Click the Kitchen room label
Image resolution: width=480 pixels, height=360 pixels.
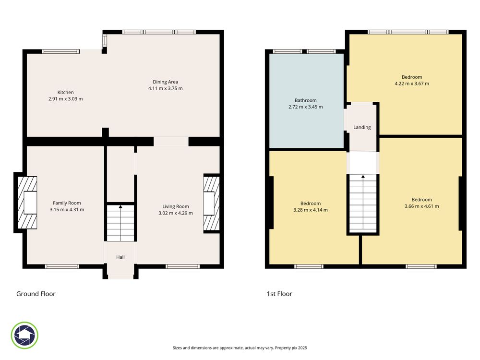tap(65, 92)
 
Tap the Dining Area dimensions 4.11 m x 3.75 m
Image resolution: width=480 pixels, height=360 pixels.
tap(165, 88)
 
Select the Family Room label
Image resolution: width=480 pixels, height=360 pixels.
tap(67, 203)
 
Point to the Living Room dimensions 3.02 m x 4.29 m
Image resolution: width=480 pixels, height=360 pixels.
tap(176, 213)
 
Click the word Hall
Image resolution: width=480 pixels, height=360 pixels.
tap(120, 257)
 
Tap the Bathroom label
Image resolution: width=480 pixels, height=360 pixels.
tap(305, 100)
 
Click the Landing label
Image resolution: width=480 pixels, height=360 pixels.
tap(362, 127)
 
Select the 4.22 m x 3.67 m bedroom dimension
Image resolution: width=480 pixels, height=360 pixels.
tap(412, 84)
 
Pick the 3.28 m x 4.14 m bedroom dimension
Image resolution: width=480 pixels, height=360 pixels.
tap(311, 210)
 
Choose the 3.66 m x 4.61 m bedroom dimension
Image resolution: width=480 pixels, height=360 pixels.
tap(422, 206)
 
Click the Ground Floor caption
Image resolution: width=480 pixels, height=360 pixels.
tap(36, 294)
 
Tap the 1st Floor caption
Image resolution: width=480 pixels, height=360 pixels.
tap(279, 294)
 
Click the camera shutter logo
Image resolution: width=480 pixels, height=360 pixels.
tap(24, 335)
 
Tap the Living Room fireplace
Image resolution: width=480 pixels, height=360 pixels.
tap(212, 204)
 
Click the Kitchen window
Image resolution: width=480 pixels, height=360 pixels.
tap(60, 51)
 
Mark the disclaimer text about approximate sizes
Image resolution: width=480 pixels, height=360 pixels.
tap(240, 348)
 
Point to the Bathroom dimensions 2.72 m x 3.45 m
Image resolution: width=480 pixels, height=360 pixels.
tap(305, 107)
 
